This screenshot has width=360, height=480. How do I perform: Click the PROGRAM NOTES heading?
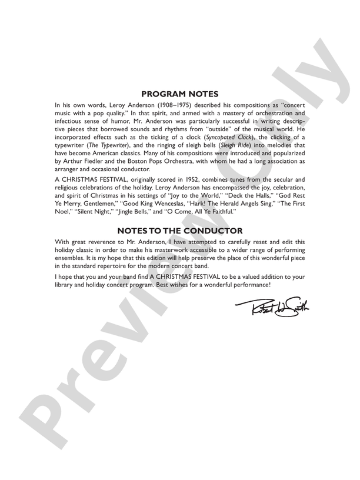click(x=180, y=94)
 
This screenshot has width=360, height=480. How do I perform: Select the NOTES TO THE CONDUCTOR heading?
click(x=180, y=230)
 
